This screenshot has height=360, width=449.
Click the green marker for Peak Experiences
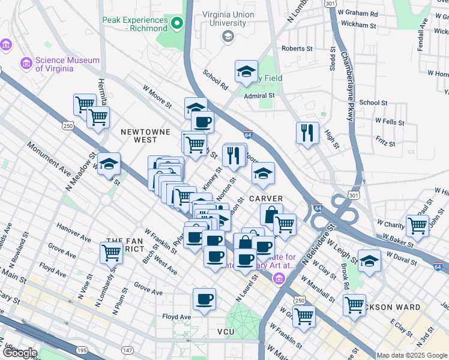(177, 24)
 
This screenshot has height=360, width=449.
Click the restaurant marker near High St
(307, 133)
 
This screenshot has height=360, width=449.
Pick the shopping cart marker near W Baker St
(417, 226)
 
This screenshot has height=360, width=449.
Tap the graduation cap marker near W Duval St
(369, 261)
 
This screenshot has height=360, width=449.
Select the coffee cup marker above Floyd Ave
(204, 299)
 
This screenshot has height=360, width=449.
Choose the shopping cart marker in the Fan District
(112, 253)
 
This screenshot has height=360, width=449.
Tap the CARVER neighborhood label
(266, 199)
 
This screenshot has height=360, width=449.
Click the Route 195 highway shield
(80, 350)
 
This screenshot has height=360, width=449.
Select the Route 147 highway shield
(127, 350)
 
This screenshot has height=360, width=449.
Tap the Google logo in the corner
(19, 353)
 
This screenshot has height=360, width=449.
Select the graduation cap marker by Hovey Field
(246, 72)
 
